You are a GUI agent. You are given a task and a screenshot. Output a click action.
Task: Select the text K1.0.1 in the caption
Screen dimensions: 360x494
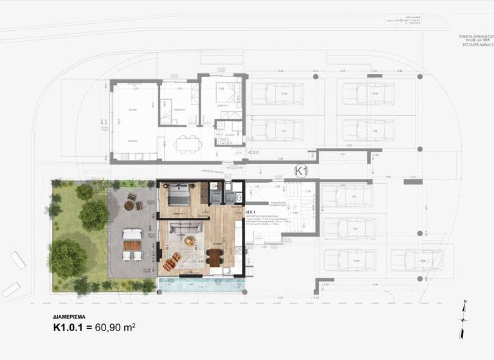click(73, 328)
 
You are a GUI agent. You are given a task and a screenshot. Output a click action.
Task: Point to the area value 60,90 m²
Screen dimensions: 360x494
click(115, 328)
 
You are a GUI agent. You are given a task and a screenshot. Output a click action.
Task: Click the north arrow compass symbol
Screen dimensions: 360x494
click(463, 319)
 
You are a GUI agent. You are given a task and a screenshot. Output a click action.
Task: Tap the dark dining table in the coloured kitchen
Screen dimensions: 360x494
click(214, 256)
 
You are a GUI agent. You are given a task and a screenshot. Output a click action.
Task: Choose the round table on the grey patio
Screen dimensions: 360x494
click(129, 206)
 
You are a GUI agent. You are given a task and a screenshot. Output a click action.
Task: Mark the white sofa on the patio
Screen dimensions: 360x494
click(131, 234)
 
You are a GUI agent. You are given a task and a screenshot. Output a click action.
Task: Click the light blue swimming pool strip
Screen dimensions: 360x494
click(202, 285)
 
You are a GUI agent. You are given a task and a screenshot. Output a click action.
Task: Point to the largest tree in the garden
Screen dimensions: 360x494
click(67, 257)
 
